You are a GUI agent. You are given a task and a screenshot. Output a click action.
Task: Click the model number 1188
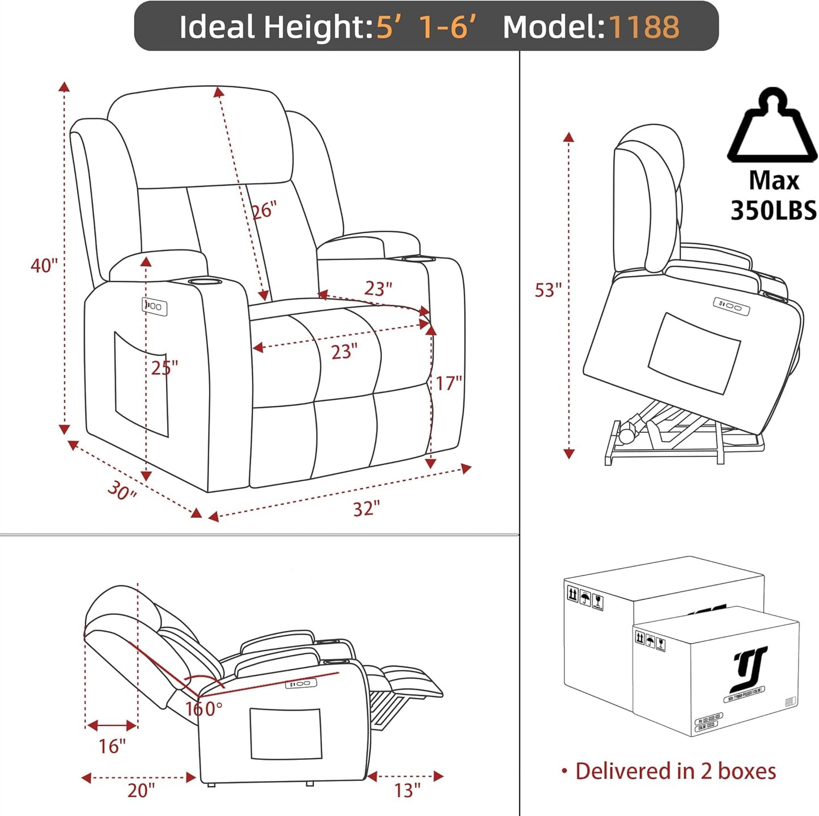click(644, 27)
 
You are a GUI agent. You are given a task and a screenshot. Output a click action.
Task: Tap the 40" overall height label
click(44, 265)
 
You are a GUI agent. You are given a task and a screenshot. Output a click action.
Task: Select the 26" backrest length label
click(264, 210)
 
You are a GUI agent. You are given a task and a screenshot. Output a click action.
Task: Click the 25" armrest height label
click(164, 367)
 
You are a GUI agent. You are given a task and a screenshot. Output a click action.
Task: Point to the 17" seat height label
click(448, 383)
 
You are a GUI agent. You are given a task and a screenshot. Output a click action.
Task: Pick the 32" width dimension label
click(366, 509)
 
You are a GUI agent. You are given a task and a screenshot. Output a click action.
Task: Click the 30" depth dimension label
click(122, 490)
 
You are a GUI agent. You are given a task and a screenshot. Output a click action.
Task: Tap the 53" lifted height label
click(548, 290)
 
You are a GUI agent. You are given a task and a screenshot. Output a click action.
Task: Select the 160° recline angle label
click(203, 709)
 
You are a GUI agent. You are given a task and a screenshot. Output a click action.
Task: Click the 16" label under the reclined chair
click(112, 746)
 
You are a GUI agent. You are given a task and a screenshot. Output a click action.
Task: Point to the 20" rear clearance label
click(141, 790)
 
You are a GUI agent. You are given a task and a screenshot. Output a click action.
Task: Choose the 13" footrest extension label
click(407, 790)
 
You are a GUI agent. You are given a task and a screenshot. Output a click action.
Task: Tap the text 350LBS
click(773, 210)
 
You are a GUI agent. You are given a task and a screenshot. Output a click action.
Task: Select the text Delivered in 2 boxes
click(675, 771)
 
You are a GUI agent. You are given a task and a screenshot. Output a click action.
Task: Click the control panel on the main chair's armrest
click(154, 306)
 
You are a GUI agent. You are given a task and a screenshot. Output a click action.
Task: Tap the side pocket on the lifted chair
click(694, 353)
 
